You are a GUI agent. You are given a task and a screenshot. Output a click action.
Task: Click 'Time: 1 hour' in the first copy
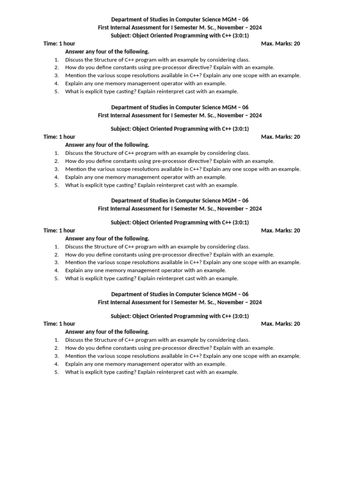pos(60,44)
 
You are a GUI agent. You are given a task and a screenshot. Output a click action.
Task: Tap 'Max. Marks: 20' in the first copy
pos(280,44)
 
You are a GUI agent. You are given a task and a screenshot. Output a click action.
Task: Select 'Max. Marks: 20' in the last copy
pos(280,323)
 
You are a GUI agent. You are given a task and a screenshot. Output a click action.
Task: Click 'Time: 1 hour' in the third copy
pos(60,230)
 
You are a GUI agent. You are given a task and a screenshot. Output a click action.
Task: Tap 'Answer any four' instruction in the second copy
pos(107,145)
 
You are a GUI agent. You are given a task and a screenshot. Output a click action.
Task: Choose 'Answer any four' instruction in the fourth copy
pos(107,331)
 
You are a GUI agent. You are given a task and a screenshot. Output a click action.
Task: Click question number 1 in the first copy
pos(57,60)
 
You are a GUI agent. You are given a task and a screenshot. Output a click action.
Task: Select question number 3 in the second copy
pos(57,169)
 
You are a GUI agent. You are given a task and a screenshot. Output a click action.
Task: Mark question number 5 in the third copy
pos(57,278)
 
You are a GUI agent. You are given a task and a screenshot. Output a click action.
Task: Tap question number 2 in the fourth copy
pos(57,348)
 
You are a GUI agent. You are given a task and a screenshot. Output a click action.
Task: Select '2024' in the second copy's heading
pos(255,115)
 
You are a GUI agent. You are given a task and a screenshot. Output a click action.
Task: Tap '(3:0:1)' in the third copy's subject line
pos(240,222)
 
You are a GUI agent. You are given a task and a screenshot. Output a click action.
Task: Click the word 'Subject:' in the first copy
pos(121,35)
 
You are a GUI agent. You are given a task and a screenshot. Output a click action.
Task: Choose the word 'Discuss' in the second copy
pos(75,153)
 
